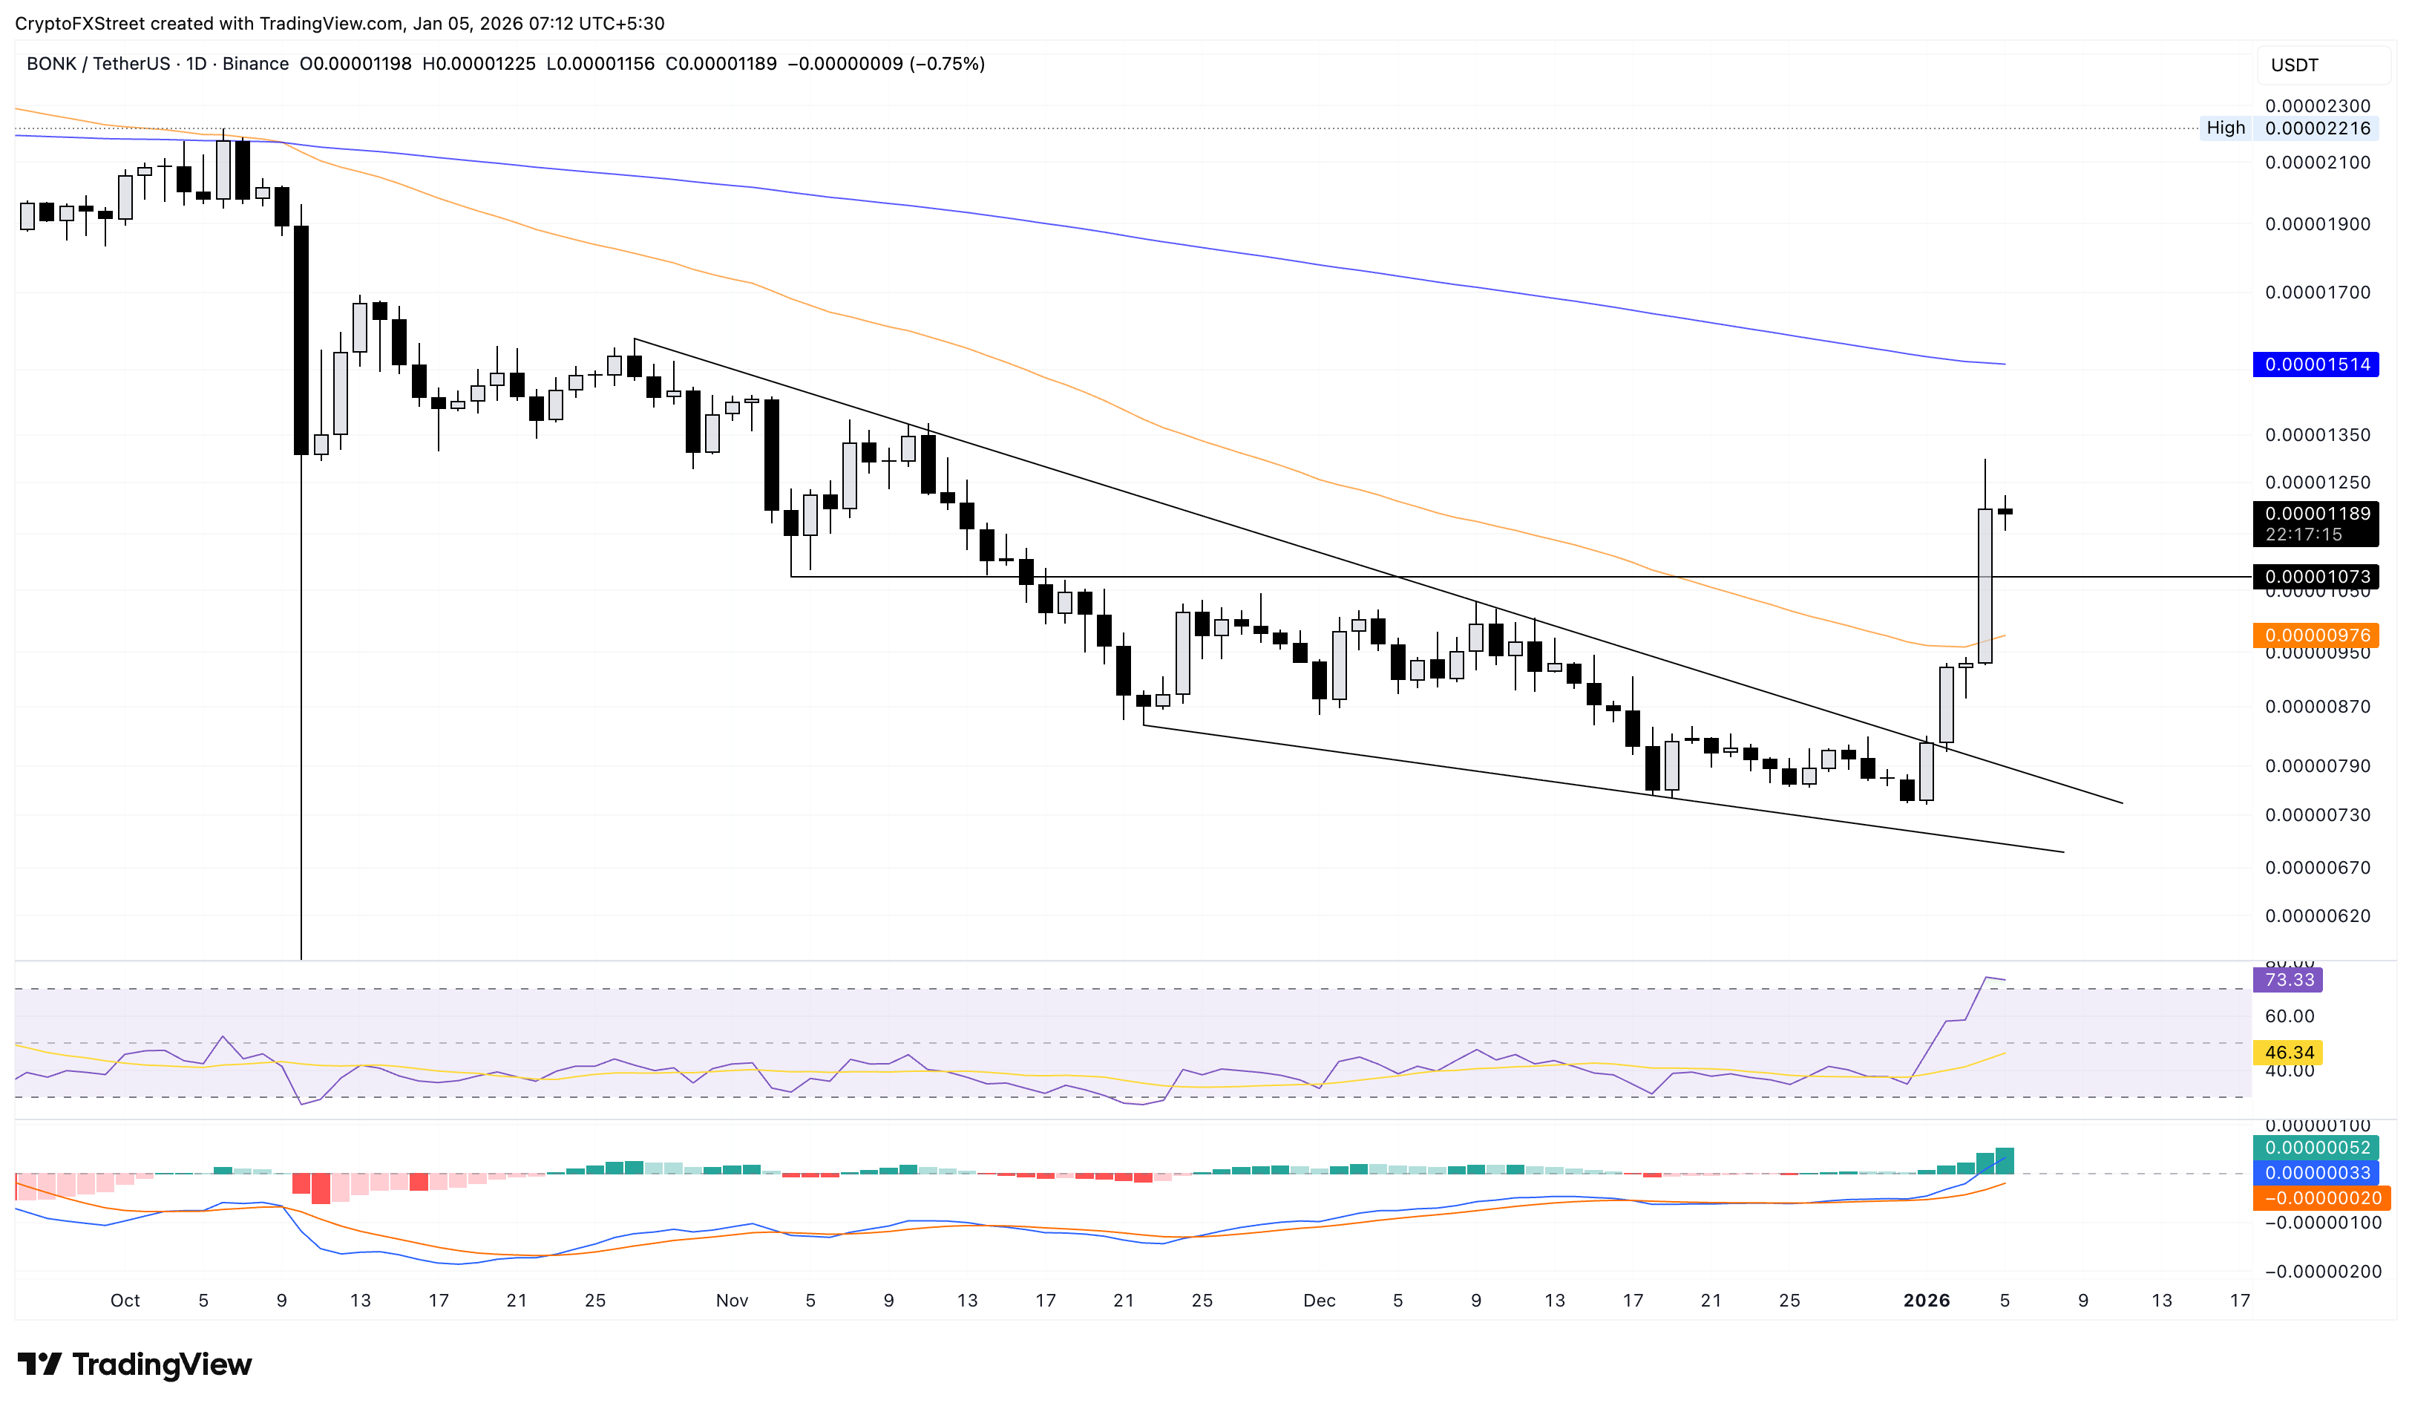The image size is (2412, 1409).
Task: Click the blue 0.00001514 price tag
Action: pyautogui.click(x=2316, y=364)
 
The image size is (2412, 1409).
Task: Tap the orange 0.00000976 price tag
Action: pyautogui.click(x=2316, y=635)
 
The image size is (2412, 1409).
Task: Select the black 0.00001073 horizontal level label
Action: pyautogui.click(x=2316, y=576)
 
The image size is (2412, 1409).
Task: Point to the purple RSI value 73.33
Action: pyautogui.click(x=2289, y=980)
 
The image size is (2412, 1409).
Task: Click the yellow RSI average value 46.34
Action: pyautogui.click(x=2289, y=1053)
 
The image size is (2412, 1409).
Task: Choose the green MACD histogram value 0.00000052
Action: pyautogui.click(x=2316, y=1148)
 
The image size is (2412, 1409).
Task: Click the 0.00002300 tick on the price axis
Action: pyautogui.click(x=2317, y=106)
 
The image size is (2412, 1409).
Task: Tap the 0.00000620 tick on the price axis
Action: pyautogui.click(x=2317, y=916)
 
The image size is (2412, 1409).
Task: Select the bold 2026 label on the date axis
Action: pyautogui.click(x=1926, y=1301)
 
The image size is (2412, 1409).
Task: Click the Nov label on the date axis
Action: pyautogui.click(x=733, y=1301)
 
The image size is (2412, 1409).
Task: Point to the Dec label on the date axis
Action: pyautogui.click(x=1319, y=1301)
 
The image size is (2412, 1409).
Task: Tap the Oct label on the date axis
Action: pyautogui.click(x=125, y=1301)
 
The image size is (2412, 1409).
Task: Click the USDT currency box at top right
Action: pyautogui.click(x=2295, y=65)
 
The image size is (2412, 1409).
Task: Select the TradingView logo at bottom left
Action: pyautogui.click(x=135, y=1364)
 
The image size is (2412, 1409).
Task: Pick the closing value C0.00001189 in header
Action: pyautogui.click(x=721, y=64)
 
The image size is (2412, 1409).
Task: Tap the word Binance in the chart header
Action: pyautogui.click(x=255, y=64)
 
